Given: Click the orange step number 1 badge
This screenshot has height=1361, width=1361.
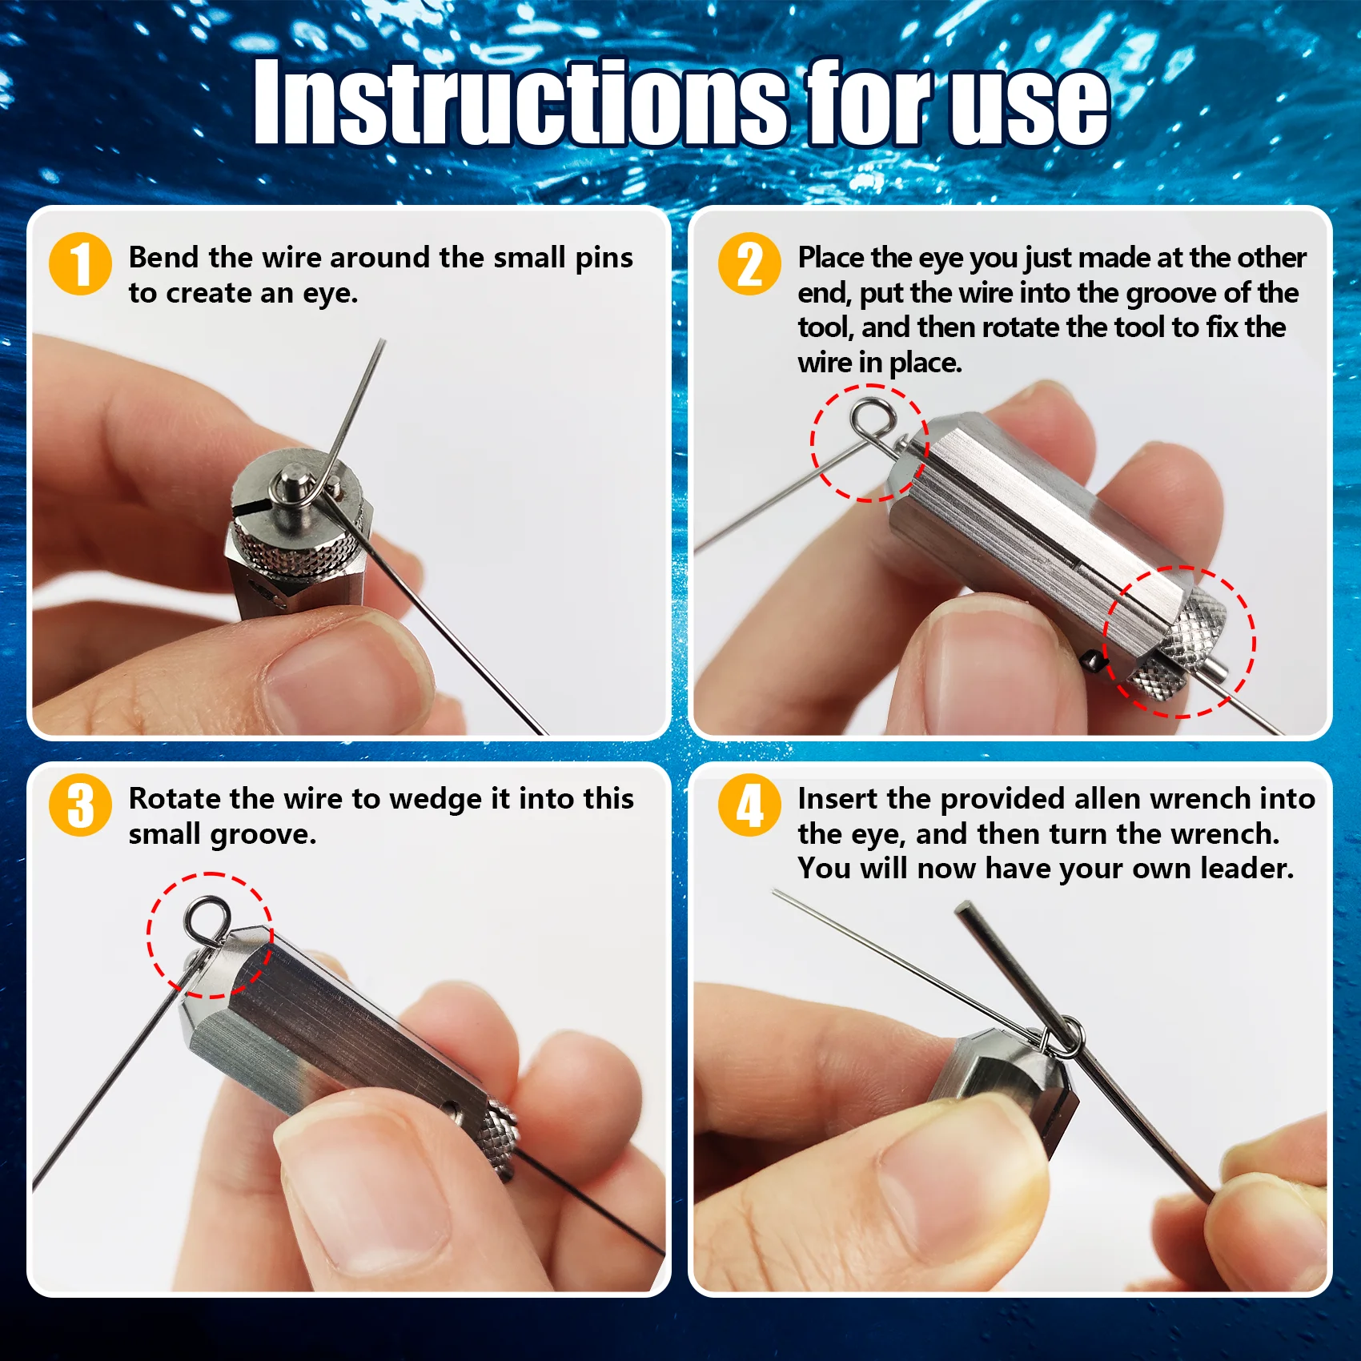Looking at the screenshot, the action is click(80, 263).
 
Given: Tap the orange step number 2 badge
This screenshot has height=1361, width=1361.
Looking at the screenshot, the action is click(749, 263).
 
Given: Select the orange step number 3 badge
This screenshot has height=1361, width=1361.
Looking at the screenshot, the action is click(80, 805).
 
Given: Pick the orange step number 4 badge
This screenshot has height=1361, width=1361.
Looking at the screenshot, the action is click(749, 805).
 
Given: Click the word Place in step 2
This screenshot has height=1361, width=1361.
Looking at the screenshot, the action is click(830, 258).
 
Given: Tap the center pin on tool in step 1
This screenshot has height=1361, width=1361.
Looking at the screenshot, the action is click(290, 485).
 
